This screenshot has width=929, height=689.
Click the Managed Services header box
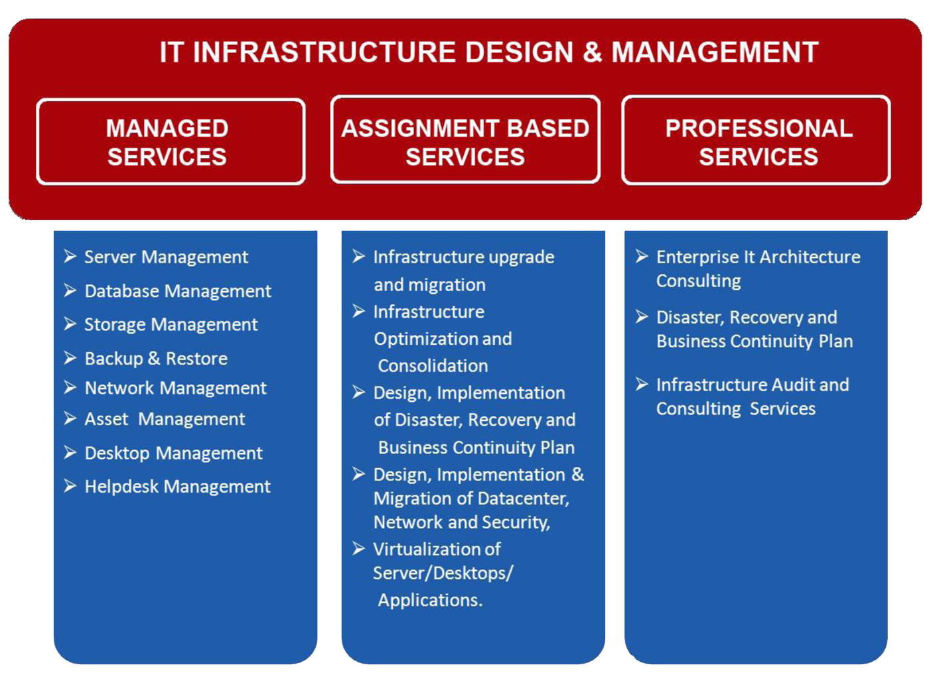pyautogui.click(x=171, y=141)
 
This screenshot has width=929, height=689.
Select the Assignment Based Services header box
pyautogui.click(x=465, y=140)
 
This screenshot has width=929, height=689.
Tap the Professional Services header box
pyautogui.click(x=756, y=140)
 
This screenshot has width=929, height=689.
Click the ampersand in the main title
pyautogui.click(x=593, y=52)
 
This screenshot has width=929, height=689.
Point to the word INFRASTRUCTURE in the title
pyautogui.click(x=324, y=52)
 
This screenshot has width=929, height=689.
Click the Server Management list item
pyautogui.click(x=167, y=257)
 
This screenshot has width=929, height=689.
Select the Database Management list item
pyautogui.click(x=178, y=291)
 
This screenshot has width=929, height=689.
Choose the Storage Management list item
pyautogui.click(x=171, y=325)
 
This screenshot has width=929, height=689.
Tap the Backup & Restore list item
pyautogui.click(x=156, y=359)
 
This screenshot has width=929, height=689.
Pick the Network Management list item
pyautogui.click(x=175, y=388)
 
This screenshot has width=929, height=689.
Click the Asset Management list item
pyautogui.click(x=165, y=419)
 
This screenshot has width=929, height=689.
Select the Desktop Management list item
pyautogui.click(x=173, y=453)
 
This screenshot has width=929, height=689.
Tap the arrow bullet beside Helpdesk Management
pyautogui.click(x=70, y=486)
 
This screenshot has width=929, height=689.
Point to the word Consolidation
pyautogui.click(x=433, y=366)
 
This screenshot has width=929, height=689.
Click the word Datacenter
pyautogui.click(x=523, y=499)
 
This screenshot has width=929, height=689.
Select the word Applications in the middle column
pyautogui.click(x=430, y=601)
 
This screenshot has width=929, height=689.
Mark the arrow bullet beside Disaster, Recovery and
pyautogui.click(x=642, y=316)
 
